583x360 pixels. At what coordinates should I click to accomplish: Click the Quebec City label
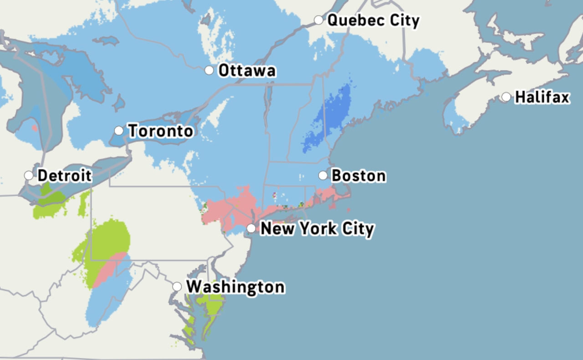tap(373, 21)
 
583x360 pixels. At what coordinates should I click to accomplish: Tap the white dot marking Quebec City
tap(318, 20)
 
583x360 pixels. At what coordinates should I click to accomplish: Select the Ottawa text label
tap(247, 71)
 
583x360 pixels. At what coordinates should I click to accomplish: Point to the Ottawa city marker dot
tap(209, 70)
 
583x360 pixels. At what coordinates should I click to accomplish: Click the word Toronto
tap(160, 131)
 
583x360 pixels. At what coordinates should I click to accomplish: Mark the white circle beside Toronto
tap(119, 131)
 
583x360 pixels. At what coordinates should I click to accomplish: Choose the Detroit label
tap(65, 175)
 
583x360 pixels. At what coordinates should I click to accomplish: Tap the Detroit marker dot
tap(29, 175)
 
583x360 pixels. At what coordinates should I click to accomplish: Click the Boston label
tap(358, 175)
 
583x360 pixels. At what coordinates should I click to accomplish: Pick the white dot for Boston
tap(323, 175)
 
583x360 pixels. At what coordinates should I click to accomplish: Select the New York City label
tap(317, 228)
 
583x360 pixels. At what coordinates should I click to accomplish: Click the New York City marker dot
tap(251, 228)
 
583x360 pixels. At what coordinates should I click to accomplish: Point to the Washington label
tap(235, 287)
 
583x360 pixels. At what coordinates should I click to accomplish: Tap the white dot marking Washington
tap(177, 287)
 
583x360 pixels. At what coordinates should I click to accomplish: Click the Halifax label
tap(542, 97)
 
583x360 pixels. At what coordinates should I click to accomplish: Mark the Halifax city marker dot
tap(506, 97)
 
